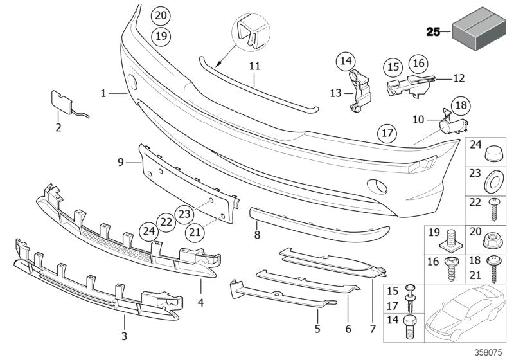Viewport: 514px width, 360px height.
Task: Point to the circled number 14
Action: [x=346, y=62]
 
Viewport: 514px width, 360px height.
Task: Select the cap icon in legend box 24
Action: [x=492, y=152]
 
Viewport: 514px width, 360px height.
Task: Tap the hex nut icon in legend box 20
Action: [x=492, y=240]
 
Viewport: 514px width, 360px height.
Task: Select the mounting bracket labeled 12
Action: [x=408, y=85]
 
